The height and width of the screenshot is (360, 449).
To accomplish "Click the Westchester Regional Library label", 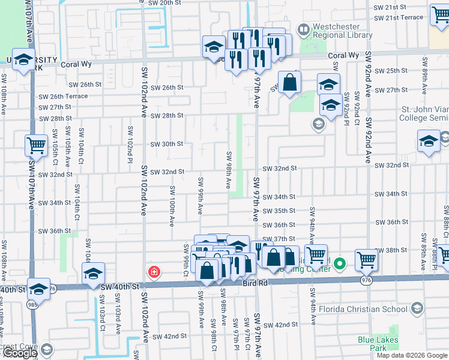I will pyautogui.click(x=343, y=31).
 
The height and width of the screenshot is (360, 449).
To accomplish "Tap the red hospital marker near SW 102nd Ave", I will pyautogui.click(x=155, y=272).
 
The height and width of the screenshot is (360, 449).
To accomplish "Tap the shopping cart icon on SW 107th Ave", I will pyautogui.click(x=37, y=145).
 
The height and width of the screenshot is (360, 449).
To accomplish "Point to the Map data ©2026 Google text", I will pyautogui.click(x=412, y=355).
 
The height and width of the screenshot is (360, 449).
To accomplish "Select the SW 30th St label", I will pyautogui.click(x=166, y=144).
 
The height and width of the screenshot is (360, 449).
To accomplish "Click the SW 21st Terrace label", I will pyautogui.click(x=398, y=17).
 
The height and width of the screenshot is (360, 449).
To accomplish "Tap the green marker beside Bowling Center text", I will pyautogui.click(x=340, y=263).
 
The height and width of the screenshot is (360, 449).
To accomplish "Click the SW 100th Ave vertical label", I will pyautogui.click(x=172, y=205).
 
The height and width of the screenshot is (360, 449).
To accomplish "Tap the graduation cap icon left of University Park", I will pyautogui.click(x=23, y=61).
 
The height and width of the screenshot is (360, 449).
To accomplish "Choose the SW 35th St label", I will pyautogui.click(x=279, y=211).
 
